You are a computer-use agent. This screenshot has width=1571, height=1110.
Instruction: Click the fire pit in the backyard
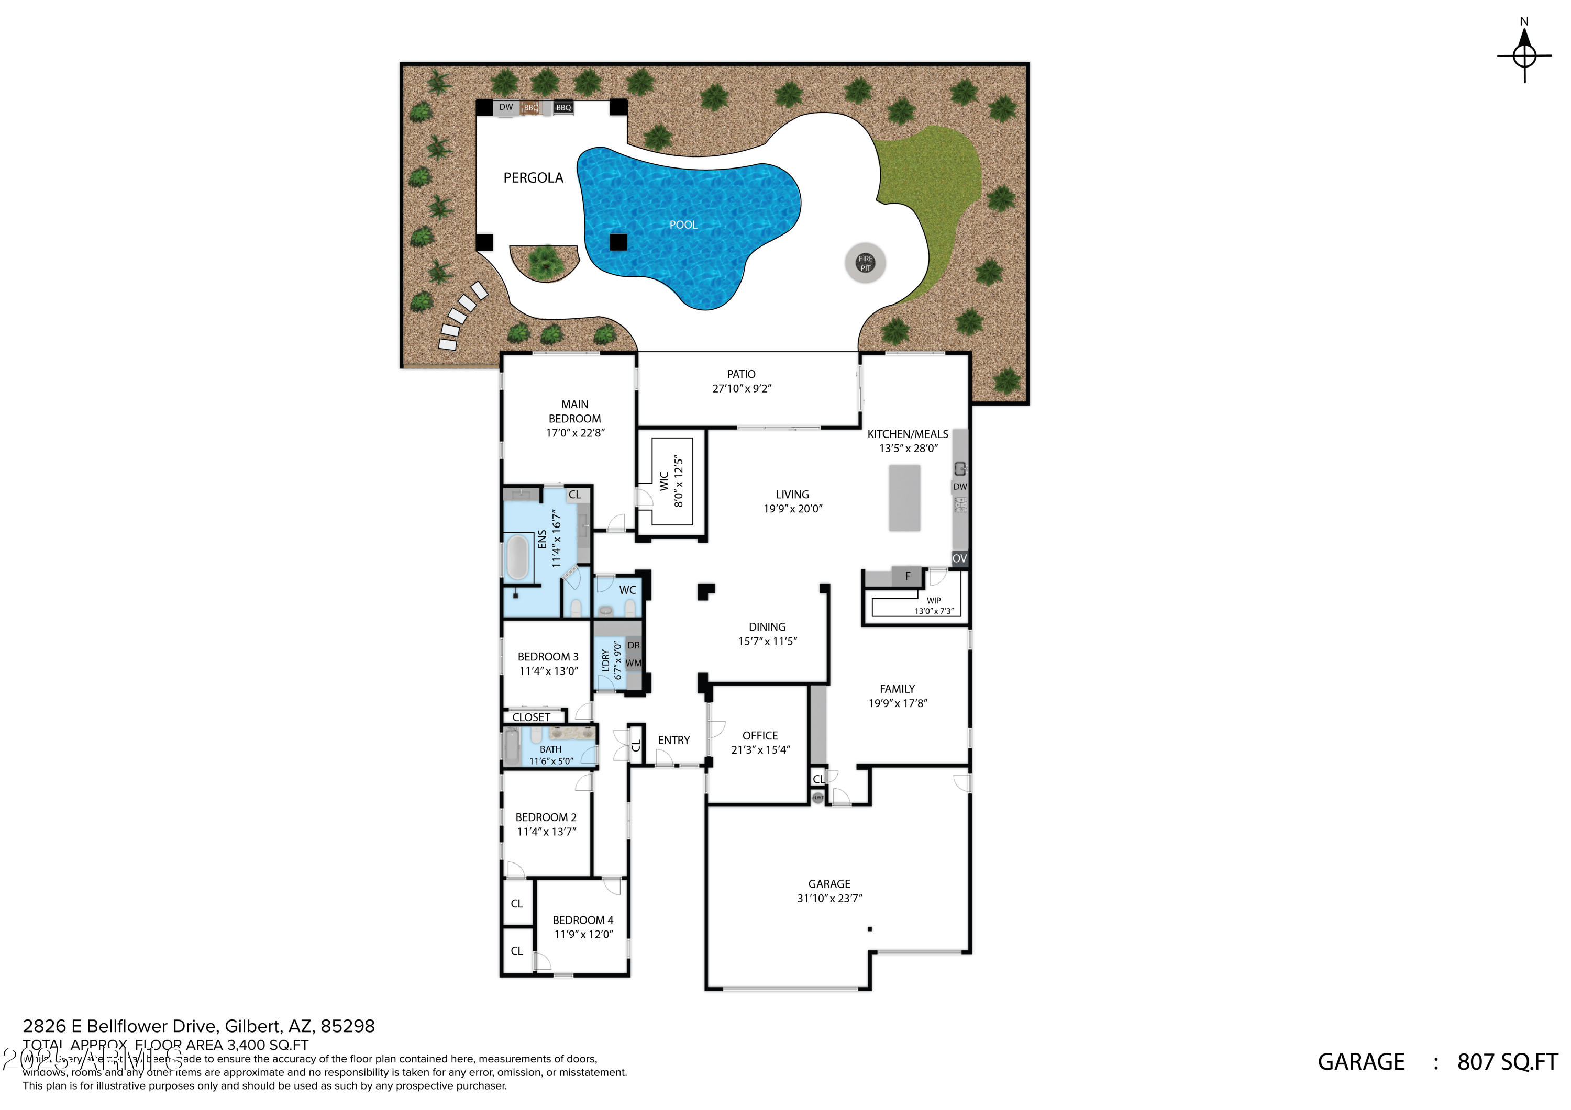pyautogui.click(x=865, y=263)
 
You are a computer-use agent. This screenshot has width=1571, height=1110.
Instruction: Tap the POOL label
pyautogui.click(x=682, y=225)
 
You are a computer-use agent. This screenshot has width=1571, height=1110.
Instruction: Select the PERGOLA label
pyautogui.click(x=533, y=178)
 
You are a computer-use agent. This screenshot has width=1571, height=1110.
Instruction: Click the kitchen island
pyautogui.click(x=904, y=498)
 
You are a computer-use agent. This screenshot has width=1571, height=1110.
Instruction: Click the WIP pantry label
pyautogui.click(x=933, y=600)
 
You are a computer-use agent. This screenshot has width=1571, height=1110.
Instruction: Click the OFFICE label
pyautogui.click(x=759, y=736)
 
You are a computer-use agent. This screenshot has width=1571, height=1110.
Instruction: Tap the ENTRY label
pyautogui.click(x=673, y=741)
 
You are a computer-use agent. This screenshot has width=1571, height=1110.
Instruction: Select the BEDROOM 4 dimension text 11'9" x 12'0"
pyautogui.click(x=583, y=935)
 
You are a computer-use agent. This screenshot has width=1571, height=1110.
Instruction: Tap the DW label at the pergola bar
pyautogui.click(x=506, y=107)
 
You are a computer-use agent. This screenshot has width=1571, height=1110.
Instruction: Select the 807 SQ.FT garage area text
pyautogui.click(x=1507, y=1062)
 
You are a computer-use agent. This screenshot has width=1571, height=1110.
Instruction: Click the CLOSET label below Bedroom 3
pyautogui.click(x=531, y=717)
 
